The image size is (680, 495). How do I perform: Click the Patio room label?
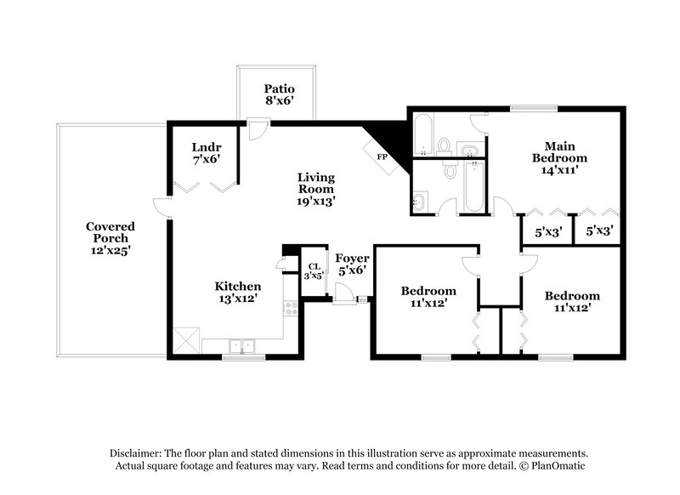click(x=278, y=88)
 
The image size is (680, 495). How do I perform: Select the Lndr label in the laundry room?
click(x=207, y=147)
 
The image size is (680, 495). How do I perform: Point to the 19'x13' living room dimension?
click(x=316, y=202)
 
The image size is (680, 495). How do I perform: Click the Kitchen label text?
click(x=237, y=287)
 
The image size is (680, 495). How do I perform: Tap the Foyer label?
click(x=352, y=258)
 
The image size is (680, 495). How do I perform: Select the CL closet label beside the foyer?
click(x=314, y=266)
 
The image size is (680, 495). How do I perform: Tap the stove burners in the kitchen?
click(x=290, y=308)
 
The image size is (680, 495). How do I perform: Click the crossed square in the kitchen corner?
click(x=186, y=342)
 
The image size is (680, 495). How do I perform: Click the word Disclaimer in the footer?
click(x=139, y=453)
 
